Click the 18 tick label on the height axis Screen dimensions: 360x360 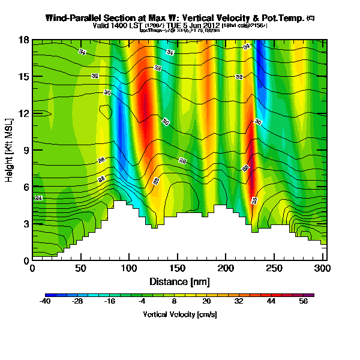pyautogui.click(x=23, y=40)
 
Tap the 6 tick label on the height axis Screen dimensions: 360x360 pyautogui.click(x=25, y=187)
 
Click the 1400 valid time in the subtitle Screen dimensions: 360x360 pyautogui.click(x=119, y=26)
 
